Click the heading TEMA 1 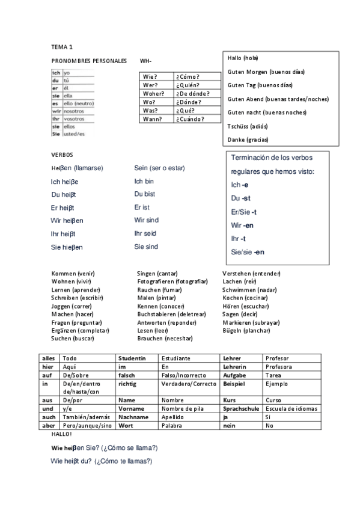coord(62,46)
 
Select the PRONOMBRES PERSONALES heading coord(89,61)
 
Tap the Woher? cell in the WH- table coord(154,94)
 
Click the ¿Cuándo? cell coord(191,119)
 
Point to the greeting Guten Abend coord(278,99)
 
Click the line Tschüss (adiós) coord(248,126)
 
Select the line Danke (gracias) coord(248,140)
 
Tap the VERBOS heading coord(62,155)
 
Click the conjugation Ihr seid coord(145,233)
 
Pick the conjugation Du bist coord(145,194)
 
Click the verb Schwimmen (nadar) coord(249,289)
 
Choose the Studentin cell coord(133,358)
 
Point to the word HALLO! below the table coord(62,434)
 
